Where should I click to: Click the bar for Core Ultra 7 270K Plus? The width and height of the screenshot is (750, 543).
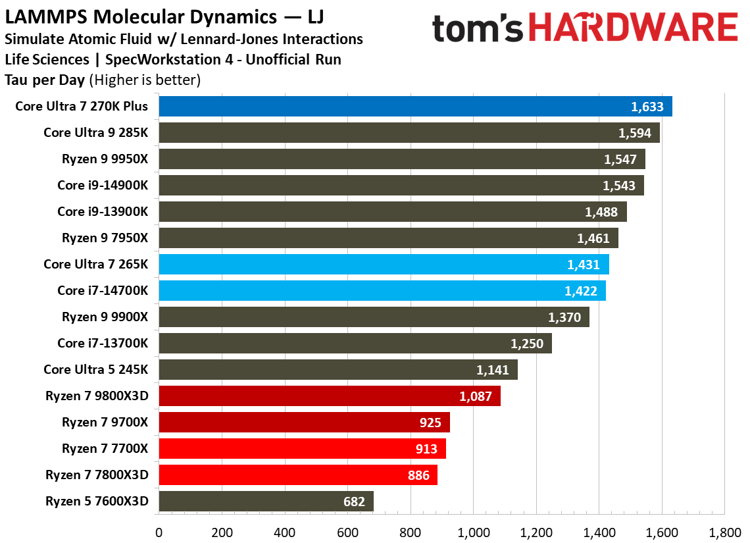point(414,106)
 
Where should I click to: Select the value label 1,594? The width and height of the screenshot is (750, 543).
point(635,133)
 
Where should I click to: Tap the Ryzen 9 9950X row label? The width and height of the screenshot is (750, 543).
point(105,159)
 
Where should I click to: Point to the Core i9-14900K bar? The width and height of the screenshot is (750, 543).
point(401,185)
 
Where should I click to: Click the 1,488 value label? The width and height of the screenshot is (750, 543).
point(602,212)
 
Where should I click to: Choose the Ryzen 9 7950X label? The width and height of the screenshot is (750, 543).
point(105,238)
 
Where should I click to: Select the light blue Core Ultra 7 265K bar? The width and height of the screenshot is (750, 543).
point(383,264)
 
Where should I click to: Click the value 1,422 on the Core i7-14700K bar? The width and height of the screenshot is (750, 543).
point(581,291)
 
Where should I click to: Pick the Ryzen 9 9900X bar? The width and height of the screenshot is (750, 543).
point(373,317)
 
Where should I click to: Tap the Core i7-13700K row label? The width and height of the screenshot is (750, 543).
point(103,343)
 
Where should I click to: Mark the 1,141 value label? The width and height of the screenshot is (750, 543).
point(493,370)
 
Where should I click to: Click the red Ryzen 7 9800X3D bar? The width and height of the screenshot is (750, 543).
point(329,396)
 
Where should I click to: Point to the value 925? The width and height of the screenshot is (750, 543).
point(430,423)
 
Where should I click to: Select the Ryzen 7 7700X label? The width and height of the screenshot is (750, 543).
point(105,448)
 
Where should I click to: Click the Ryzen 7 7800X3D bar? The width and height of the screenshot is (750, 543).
point(297,475)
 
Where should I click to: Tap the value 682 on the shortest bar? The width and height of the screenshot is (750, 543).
point(353,502)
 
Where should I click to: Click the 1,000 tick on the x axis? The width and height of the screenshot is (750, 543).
point(473,530)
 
